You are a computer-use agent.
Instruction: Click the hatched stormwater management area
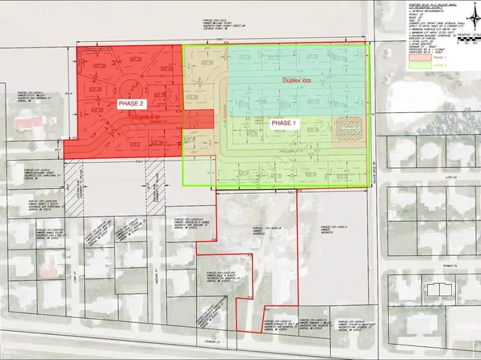coord(348,130)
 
